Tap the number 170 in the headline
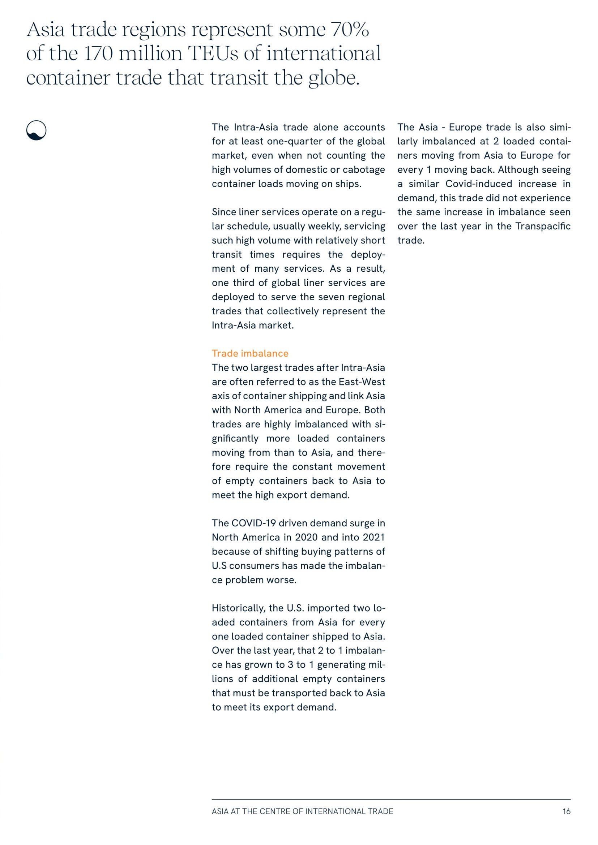98,54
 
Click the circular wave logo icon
37,130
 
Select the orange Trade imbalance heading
250,353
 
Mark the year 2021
373,537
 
